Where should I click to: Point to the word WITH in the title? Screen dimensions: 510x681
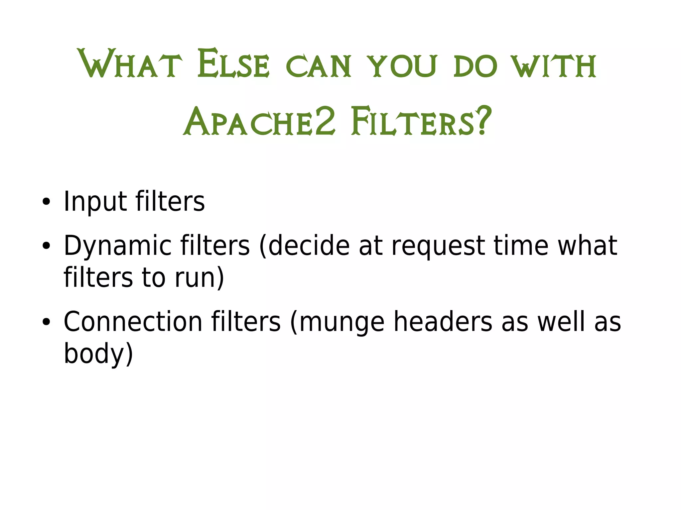(x=554, y=66)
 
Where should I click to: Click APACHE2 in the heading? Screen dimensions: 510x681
(x=259, y=122)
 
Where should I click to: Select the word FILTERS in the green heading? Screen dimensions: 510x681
(x=412, y=122)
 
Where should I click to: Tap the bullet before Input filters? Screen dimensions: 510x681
(x=46, y=202)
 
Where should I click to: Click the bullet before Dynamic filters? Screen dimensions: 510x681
(x=46, y=246)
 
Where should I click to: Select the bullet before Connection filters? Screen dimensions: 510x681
(x=46, y=322)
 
